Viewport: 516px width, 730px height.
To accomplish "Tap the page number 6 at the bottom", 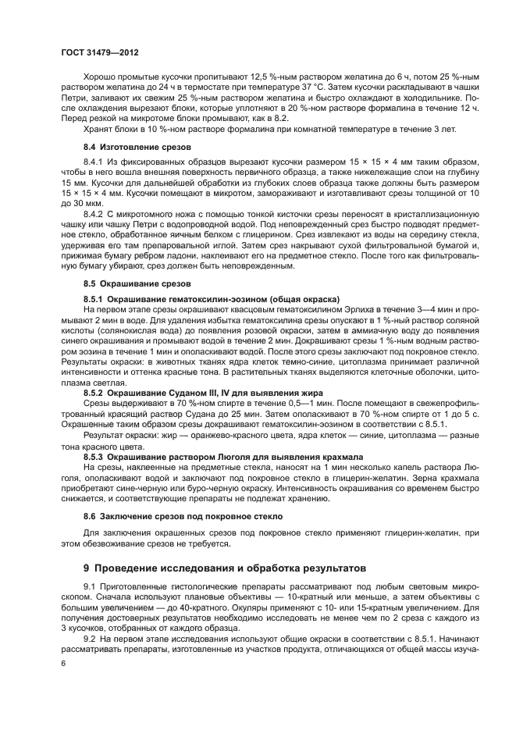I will (65, 662).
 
